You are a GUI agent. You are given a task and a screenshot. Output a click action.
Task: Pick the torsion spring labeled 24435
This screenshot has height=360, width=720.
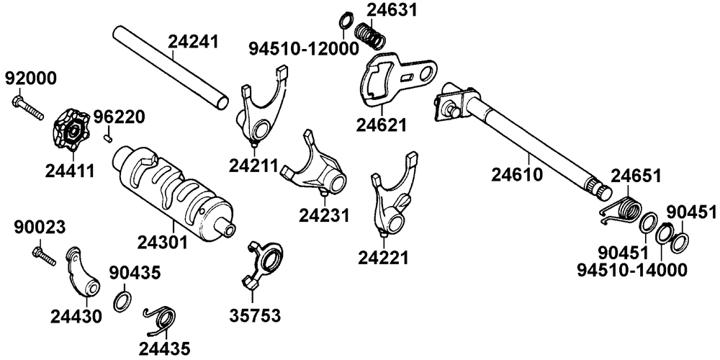161,318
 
